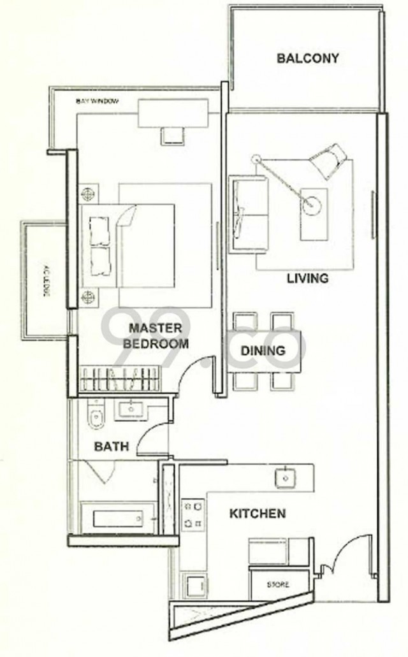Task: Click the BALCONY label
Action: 307,59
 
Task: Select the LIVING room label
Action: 307,278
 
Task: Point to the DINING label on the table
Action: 263,350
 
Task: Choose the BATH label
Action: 112,447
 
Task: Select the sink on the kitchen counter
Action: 284,477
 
